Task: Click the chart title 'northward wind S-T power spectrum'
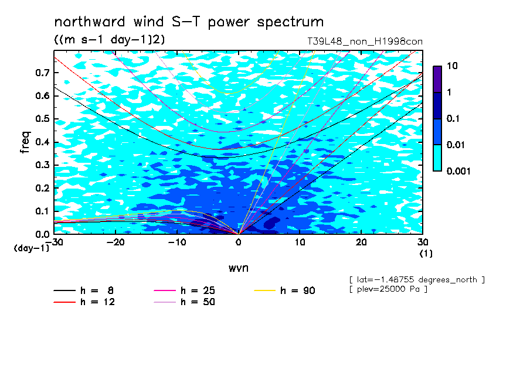pos(189,22)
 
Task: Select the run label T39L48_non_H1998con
pos(365,42)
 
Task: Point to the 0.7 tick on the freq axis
pos(42,73)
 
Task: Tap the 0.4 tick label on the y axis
pos(42,142)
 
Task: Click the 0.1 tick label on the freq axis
pos(42,211)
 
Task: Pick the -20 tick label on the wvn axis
pos(115,242)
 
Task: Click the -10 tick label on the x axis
pos(177,242)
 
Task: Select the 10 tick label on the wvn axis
pos(300,242)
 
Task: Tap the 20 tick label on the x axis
pos(361,242)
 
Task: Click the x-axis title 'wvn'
pos(239,268)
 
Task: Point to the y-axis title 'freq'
pos(25,142)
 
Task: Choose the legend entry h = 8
pos(83,290)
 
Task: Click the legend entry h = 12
pos(84,302)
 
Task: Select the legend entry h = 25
pos(184,290)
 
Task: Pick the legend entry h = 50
pos(184,302)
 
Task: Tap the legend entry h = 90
pos(284,290)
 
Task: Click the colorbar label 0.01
pos(456,145)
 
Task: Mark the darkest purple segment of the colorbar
pos(437,79)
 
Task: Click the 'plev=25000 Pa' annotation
pos(388,289)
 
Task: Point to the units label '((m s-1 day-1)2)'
pos(110,39)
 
